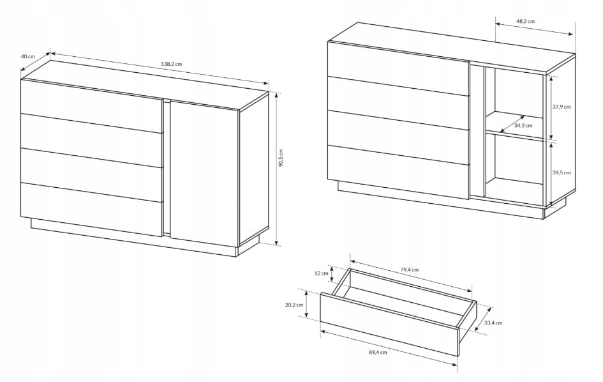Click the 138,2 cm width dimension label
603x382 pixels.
pyautogui.click(x=172, y=64)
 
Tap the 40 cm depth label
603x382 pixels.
pyautogui.click(x=27, y=56)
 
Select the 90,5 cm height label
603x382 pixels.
pyautogui.click(x=281, y=158)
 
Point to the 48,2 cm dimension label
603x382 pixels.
pyautogui.click(x=525, y=22)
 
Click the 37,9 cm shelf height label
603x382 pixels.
pyautogui.click(x=562, y=107)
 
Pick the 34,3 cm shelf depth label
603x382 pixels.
pyautogui.click(x=523, y=125)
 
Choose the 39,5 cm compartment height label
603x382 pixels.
pyautogui.click(x=562, y=172)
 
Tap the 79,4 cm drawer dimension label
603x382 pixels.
pyautogui.click(x=409, y=270)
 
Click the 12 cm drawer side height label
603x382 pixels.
pyautogui.click(x=322, y=273)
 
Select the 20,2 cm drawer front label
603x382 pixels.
pyautogui.click(x=294, y=304)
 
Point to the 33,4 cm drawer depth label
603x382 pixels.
pyautogui.click(x=493, y=323)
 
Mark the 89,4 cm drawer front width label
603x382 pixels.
pyautogui.click(x=378, y=352)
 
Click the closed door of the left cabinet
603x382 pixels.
pyautogui.click(x=204, y=173)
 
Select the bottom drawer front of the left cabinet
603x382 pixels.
pyautogui.click(x=92, y=209)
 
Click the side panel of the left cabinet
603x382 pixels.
pyautogui.click(x=254, y=169)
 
